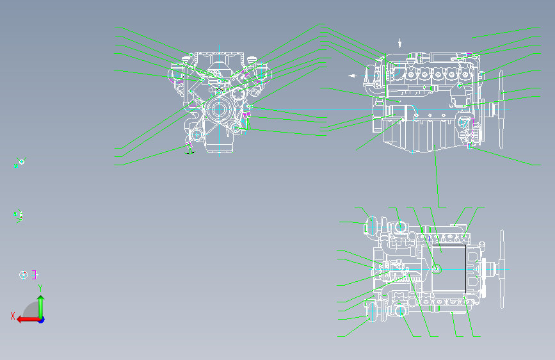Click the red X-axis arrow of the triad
pyautogui.click(x=26, y=318)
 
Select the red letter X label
pyautogui.click(x=12, y=315)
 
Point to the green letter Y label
pyautogui.click(x=40, y=287)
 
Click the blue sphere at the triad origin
pyautogui.click(x=40, y=319)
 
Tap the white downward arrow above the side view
pyautogui.click(x=400, y=43)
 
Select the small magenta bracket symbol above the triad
pyautogui.click(x=35, y=274)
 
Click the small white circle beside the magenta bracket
pyautogui.click(x=24, y=275)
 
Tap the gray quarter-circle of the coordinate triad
pyautogui.click(x=29, y=311)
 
